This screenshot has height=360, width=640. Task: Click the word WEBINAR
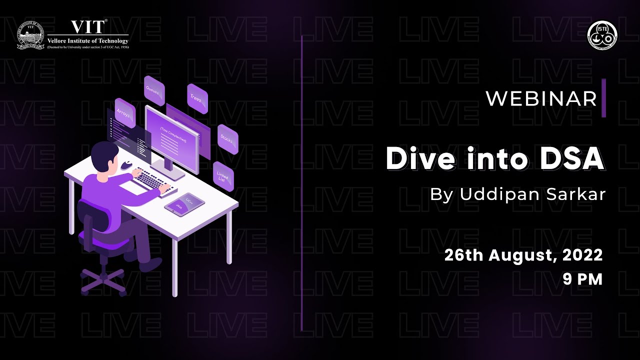pos(541,98)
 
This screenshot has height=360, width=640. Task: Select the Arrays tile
pos(124,112)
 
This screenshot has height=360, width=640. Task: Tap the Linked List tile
pos(223,175)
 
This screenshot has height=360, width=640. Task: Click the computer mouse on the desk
pos(126,164)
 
